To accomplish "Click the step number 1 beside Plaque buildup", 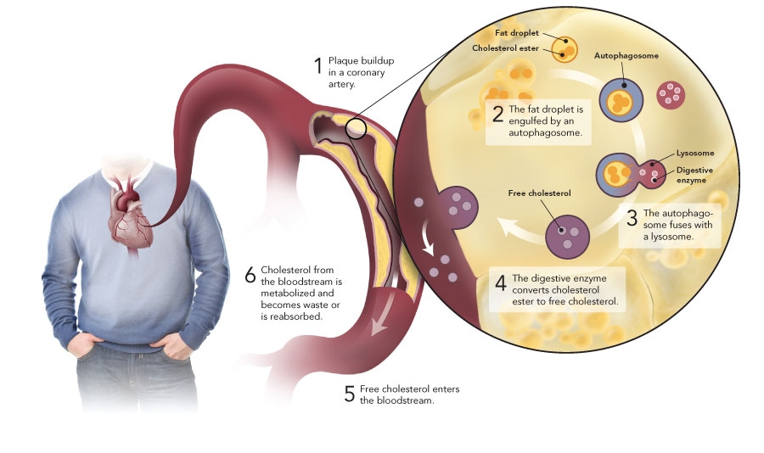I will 318,66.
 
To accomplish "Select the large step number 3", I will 632,217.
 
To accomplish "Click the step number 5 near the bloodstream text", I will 349,394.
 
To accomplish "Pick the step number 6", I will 250,275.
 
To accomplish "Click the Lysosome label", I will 694,154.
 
